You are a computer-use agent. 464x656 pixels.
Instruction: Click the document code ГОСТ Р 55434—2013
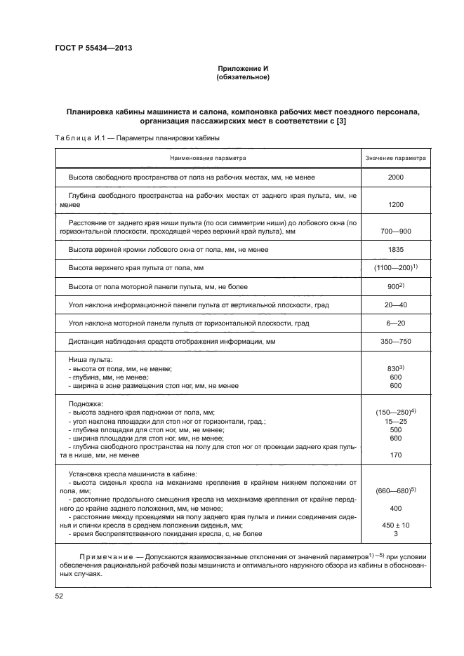[x=93, y=48]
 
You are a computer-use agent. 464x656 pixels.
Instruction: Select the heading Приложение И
[x=243, y=68]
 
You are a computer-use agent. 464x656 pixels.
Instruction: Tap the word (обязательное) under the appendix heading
[x=243, y=77]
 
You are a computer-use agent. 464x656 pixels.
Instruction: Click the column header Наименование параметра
[x=207, y=159]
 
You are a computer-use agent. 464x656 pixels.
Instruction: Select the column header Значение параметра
[x=396, y=159]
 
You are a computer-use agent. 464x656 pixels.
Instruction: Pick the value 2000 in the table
[x=396, y=178]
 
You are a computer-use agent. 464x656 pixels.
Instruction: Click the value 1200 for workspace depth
[x=396, y=205]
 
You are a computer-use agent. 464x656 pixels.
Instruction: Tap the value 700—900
[x=396, y=231]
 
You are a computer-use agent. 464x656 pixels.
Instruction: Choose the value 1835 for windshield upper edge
[x=396, y=249]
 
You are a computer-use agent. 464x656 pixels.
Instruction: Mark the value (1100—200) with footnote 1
[x=396, y=267]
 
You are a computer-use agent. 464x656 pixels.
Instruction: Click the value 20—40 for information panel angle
[x=396, y=304]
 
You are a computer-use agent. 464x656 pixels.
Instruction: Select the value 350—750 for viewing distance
[x=396, y=342]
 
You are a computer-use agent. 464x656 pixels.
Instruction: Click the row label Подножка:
[x=86, y=404]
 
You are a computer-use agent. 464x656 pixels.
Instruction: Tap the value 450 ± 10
[x=396, y=525]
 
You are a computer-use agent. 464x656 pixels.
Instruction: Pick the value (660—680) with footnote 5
[x=396, y=490]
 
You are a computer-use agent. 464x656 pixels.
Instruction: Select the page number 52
[x=59, y=596]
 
